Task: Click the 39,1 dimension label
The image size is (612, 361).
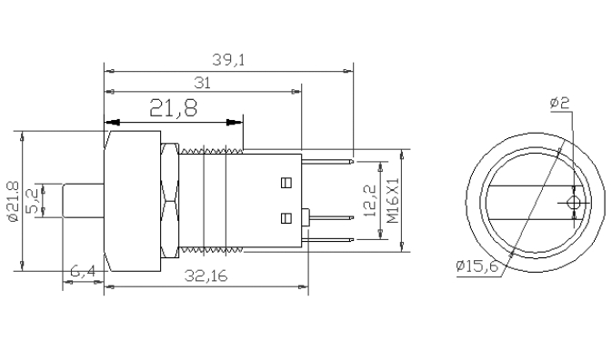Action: (x=228, y=60)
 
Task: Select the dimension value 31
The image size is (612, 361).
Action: (x=202, y=83)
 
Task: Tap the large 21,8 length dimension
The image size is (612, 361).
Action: (x=174, y=108)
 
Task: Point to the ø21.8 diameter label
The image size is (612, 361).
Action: (x=14, y=202)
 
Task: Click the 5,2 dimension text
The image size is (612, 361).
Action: (x=33, y=201)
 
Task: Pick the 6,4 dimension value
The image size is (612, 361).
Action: (x=83, y=271)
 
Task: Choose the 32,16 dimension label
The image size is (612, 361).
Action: (x=206, y=276)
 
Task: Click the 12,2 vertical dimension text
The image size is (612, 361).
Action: (x=369, y=201)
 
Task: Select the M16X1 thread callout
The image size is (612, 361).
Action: (x=393, y=201)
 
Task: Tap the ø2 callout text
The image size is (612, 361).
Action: (x=559, y=103)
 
